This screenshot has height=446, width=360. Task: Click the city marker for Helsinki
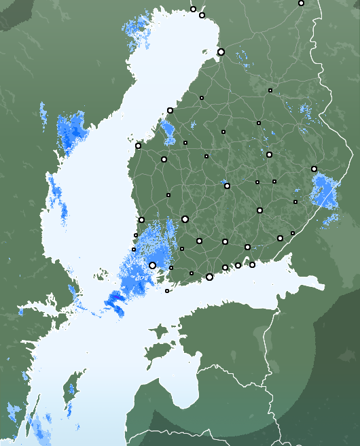[x=209, y=277]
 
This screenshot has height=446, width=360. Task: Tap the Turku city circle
[x=153, y=265]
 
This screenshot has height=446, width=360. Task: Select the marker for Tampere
[x=185, y=219]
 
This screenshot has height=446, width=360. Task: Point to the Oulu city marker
[x=221, y=52]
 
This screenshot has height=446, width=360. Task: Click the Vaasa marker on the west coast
[x=138, y=145]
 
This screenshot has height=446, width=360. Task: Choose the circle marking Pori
[x=141, y=220]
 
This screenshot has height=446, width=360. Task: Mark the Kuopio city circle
[x=269, y=154]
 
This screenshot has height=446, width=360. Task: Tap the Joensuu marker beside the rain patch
[x=314, y=169]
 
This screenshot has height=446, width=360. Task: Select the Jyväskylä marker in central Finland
[x=227, y=186]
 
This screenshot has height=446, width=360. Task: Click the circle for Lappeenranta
[x=280, y=238]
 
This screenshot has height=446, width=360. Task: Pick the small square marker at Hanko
[x=167, y=291]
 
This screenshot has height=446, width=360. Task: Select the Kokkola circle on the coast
[x=170, y=110]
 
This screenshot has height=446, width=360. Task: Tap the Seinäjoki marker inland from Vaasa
[x=164, y=159]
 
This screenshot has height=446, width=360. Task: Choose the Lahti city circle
[x=224, y=241]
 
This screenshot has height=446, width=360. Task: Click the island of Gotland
[x=69, y=398]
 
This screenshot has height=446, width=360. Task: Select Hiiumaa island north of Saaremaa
[x=159, y=331]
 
